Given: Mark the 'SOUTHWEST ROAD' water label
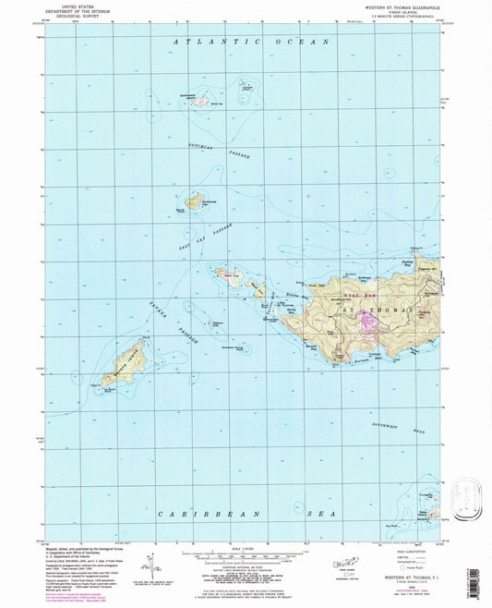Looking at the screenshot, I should [424, 405].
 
